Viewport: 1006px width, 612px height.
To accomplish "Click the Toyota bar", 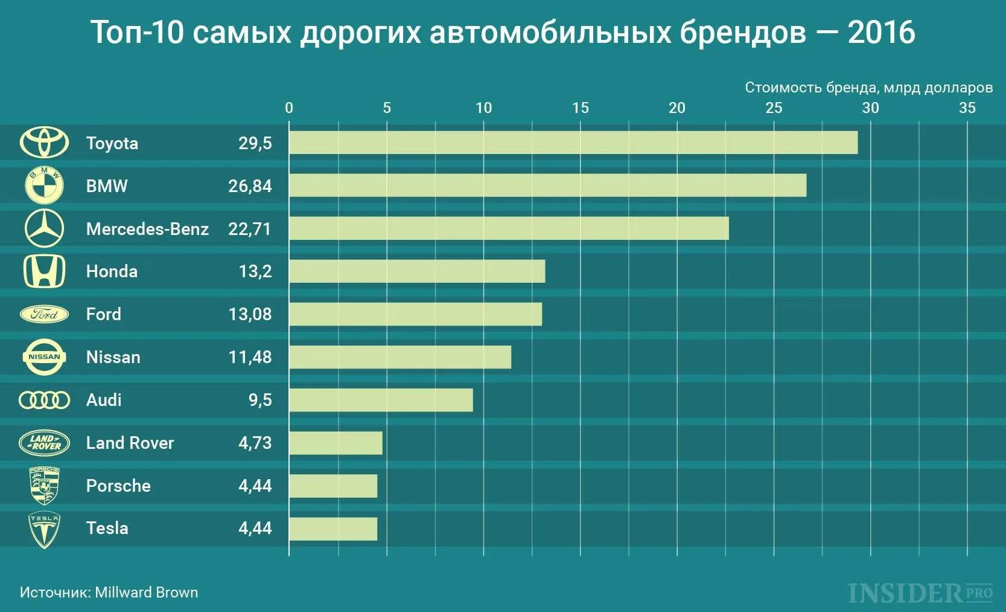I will tap(573, 143).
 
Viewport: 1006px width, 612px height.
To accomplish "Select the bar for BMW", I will tap(547, 185).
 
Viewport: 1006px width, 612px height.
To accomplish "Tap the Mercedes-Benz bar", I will tap(509, 228).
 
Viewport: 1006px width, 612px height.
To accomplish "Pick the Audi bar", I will tap(381, 400).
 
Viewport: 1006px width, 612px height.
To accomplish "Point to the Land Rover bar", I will tap(336, 443).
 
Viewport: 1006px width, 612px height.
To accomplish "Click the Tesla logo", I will tap(44, 530).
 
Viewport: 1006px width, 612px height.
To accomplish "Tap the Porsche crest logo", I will tap(44, 486).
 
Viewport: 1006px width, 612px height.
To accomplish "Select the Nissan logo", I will tap(44, 357).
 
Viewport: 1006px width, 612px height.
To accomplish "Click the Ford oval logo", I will tap(44, 314).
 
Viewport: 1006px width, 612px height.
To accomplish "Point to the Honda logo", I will tap(44, 271).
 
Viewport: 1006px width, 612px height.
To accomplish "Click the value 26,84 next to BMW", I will tap(250, 186).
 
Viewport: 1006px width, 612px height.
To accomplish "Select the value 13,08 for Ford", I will tap(250, 314).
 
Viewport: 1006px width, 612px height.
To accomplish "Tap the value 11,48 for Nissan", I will tap(250, 357).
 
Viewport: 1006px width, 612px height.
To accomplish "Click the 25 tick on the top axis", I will tap(774, 108).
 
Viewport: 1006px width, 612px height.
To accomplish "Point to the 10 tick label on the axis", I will tap(483, 108).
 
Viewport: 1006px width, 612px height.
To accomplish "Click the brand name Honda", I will tap(112, 271).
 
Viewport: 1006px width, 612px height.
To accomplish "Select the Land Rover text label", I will tap(130, 443).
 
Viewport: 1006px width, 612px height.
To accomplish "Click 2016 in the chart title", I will tap(881, 33).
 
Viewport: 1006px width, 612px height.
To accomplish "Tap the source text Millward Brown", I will tap(146, 592).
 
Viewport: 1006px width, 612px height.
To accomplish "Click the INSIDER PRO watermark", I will tap(920, 593).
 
